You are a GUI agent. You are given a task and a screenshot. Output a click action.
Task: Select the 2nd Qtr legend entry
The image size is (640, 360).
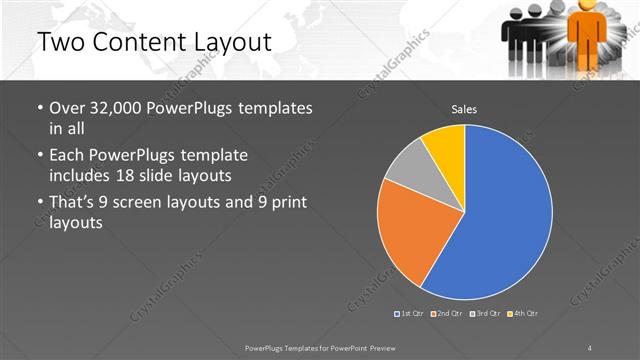pos(447,314)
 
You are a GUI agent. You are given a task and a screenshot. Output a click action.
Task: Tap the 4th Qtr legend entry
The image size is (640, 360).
pos(523,314)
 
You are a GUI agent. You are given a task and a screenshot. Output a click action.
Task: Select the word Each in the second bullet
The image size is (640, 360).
pos(67,156)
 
